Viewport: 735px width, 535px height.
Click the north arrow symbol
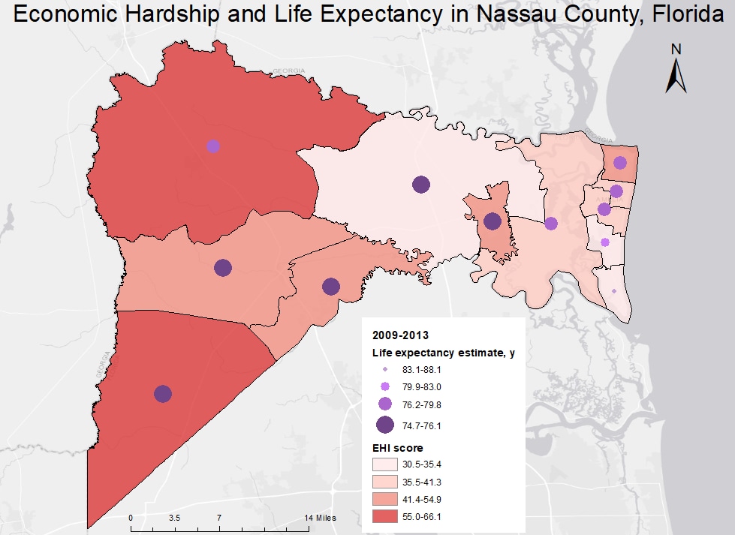tap(676, 70)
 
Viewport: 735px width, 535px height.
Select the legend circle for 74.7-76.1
tap(385, 425)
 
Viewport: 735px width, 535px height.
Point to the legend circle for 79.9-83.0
tap(385, 387)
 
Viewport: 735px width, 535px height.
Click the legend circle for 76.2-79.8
tap(385, 404)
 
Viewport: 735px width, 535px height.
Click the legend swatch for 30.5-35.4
tap(385, 464)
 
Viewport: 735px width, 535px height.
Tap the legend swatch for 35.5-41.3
tap(385, 481)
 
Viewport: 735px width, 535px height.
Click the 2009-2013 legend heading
tap(394, 335)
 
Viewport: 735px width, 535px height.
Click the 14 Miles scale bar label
tap(321, 518)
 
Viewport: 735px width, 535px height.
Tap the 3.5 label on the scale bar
tap(174, 518)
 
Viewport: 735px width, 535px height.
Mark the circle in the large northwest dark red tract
tap(213, 146)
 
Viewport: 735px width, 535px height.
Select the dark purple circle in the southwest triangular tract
tap(163, 394)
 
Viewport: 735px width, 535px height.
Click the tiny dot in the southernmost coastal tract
tap(614, 291)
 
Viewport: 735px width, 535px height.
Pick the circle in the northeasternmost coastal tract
tap(619, 163)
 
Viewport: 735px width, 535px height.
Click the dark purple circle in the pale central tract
tap(421, 185)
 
